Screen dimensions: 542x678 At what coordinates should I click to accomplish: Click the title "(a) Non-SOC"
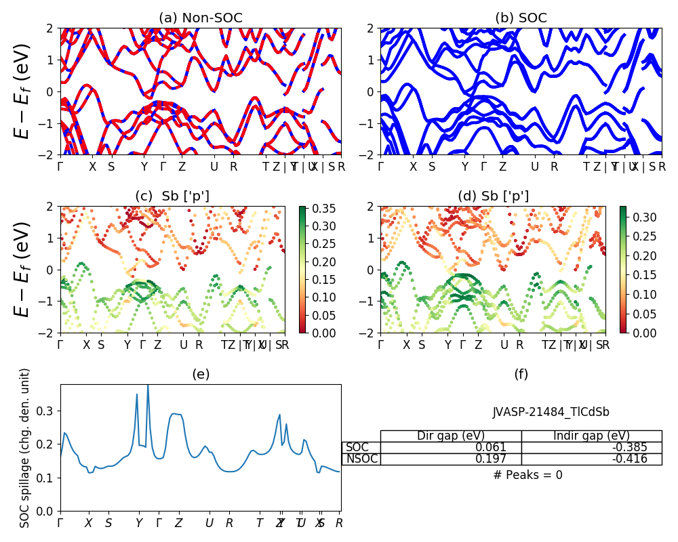pyautogui.click(x=200, y=18)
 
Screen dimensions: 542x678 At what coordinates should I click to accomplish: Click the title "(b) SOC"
pyautogui.click(x=521, y=18)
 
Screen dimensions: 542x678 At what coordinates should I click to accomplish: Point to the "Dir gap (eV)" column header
pyautogui.click(x=450, y=436)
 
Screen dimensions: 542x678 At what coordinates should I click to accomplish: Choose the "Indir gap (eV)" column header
pyautogui.click(x=591, y=436)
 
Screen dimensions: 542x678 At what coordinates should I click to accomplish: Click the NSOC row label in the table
pyautogui.click(x=361, y=459)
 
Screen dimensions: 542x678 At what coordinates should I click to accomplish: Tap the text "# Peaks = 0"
pyautogui.click(x=527, y=475)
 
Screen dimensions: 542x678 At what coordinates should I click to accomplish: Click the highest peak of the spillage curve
pyautogui.click(x=148, y=385)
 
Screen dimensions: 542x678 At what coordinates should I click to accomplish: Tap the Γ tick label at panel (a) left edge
pyautogui.click(x=60, y=167)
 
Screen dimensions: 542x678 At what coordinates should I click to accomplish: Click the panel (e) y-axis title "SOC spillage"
pyautogui.click(x=25, y=448)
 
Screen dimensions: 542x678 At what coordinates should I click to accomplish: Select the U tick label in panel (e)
pyautogui.click(x=210, y=523)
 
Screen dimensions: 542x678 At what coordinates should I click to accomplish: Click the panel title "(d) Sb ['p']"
pyautogui.click(x=493, y=196)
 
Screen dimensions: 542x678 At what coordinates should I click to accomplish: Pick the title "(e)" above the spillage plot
pyautogui.click(x=200, y=374)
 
